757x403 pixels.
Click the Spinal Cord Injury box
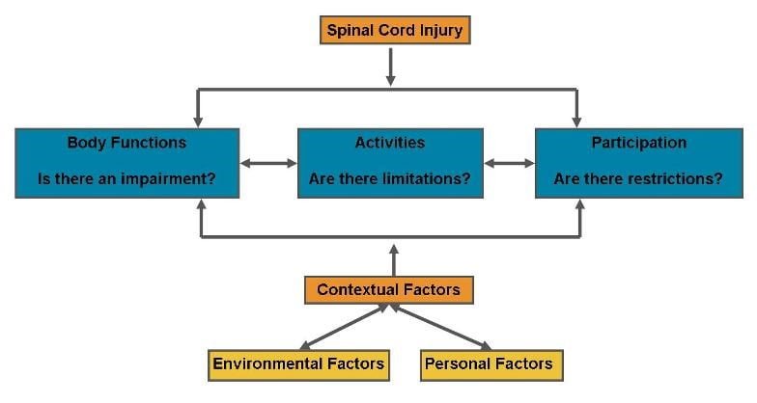(x=395, y=30)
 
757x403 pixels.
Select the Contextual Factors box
(x=388, y=289)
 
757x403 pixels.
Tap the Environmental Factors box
(x=299, y=365)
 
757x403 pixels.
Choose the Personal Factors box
(x=491, y=365)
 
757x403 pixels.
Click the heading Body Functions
(x=127, y=143)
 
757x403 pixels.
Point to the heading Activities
(x=390, y=143)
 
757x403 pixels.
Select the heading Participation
(x=639, y=143)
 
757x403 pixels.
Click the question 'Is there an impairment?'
(x=127, y=179)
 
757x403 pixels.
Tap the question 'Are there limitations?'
(x=390, y=179)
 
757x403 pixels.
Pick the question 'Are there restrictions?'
(x=638, y=179)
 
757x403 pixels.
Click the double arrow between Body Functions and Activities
(x=268, y=164)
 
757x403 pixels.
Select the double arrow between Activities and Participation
(x=510, y=164)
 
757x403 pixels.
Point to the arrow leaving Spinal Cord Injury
(x=391, y=67)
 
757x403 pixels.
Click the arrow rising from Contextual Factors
(x=394, y=260)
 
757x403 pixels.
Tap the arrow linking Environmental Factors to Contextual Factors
(x=344, y=326)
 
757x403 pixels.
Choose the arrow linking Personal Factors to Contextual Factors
(x=440, y=326)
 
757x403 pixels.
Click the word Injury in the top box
(x=441, y=31)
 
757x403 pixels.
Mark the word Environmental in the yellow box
(x=267, y=363)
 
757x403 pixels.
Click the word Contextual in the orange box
(x=357, y=289)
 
